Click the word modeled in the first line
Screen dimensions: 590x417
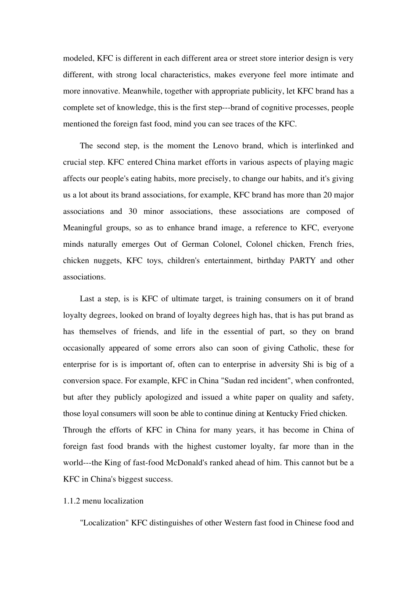point(76,58)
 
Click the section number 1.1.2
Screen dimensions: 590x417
point(72,501)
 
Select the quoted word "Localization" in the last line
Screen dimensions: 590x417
point(104,523)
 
